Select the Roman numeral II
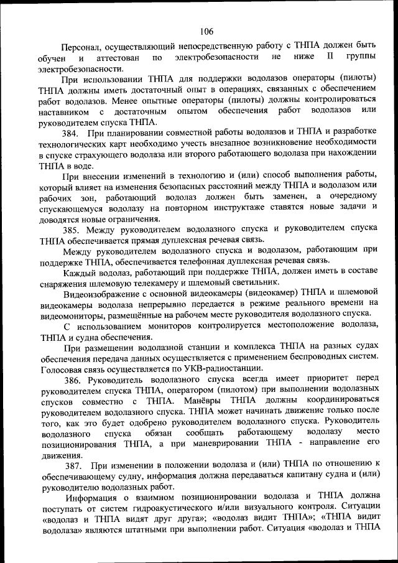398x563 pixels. (x=330, y=57)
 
